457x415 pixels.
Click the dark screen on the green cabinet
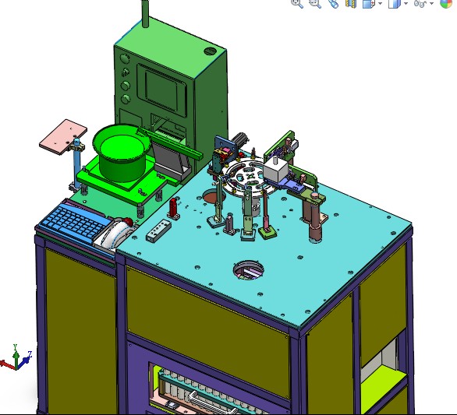pos(163,88)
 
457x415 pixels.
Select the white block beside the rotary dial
pos(275,171)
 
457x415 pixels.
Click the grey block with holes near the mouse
pos(158,230)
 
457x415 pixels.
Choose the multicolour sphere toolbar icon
pos(445,4)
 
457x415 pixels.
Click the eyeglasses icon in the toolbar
pos(422,4)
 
